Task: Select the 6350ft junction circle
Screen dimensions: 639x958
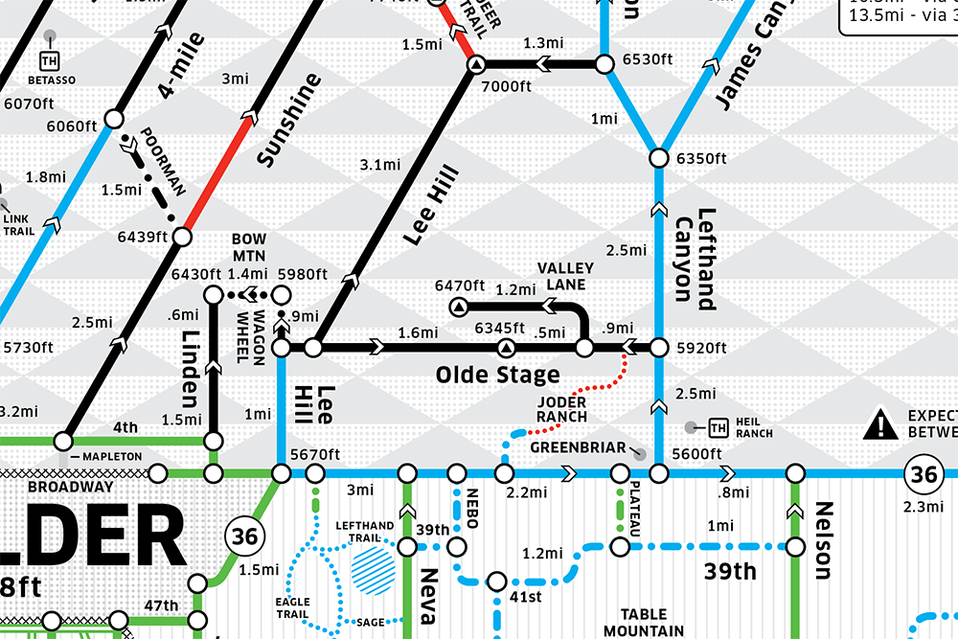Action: [x=659, y=156]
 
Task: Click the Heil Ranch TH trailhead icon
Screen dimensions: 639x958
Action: [x=718, y=426]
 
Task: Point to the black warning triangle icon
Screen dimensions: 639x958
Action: [x=880, y=424]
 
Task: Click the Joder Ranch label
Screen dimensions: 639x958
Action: [x=562, y=409]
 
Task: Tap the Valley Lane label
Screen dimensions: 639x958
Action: [x=565, y=276]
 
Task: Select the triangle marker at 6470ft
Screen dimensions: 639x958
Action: [x=458, y=307]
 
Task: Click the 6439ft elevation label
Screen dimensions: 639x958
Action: [x=142, y=236]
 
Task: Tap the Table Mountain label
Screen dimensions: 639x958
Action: [x=643, y=622]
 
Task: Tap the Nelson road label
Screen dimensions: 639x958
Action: [x=824, y=540]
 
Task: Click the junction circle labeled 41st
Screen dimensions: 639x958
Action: [x=497, y=581]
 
